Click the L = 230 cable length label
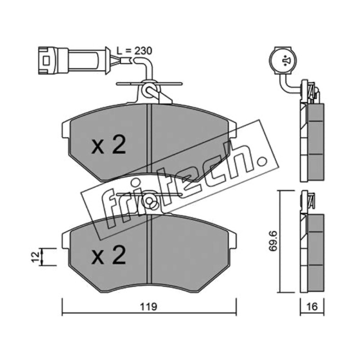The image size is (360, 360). click(134, 51)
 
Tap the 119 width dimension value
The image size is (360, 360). click(148, 306)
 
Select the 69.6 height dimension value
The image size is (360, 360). click(273, 241)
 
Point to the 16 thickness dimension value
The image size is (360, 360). click(312, 306)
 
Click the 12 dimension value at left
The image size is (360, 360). click(35, 257)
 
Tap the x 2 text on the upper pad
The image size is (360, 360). click(108, 144)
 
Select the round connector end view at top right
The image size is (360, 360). click(283, 61)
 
